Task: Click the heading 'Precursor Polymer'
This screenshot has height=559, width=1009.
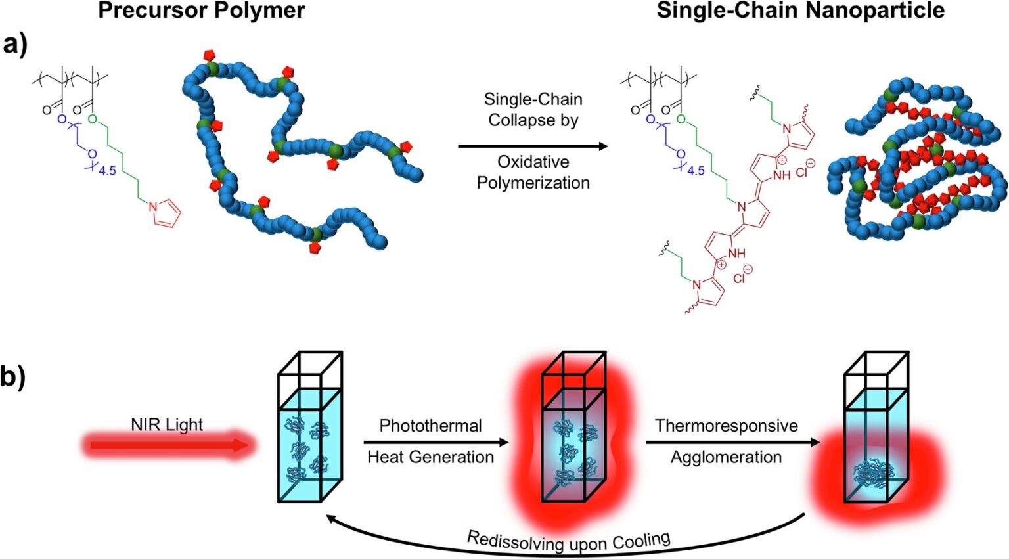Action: (x=201, y=11)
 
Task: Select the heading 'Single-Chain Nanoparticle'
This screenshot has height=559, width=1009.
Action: (x=800, y=11)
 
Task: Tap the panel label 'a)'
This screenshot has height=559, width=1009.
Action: (x=15, y=46)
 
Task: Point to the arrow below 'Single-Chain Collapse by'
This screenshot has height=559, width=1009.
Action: (x=533, y=146)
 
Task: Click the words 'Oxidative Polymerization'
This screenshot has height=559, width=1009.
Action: (x=533, y=172)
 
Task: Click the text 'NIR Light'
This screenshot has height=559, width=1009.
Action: (x=167, y=424)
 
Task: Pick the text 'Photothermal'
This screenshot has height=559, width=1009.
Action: (x=430, y=426)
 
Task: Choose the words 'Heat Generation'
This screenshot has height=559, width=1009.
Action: (x=430, y=457)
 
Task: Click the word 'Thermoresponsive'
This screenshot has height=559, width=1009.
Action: (x=726, y=426)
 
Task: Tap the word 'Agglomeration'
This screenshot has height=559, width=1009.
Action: (x=726, y=457)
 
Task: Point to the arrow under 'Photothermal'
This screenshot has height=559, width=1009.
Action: (x=436, y=442)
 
